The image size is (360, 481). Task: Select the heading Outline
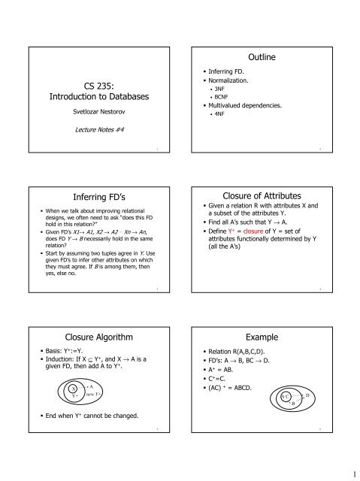click(261, 58)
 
